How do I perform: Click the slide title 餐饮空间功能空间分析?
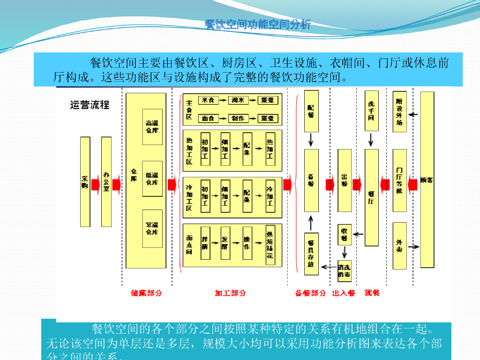click(x=258, y=24)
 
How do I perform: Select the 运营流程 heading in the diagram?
click(x=90, y=105)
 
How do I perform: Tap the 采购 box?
click(x=85, y=182)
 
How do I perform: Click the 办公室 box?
click(x=106, y=182)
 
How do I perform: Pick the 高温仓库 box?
click(x=152, y=127)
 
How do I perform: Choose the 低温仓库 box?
click(x=152, y=179)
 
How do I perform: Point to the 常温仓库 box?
click(x=152, y=229)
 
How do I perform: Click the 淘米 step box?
click(x=238, y=100)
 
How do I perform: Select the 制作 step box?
click(x=238, y=119)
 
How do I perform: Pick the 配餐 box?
click(x=311, y=111)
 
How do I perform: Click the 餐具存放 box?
click(x=311, y=254)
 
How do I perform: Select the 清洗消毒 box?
click(x=345, y=271)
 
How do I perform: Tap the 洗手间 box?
click(x=371, y=111)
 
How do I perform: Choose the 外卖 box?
click(x=399, y=246)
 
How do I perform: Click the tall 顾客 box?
click(x=427, y=180)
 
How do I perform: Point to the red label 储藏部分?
click(x=146, y=293)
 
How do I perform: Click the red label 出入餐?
click(x=344, y=293)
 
